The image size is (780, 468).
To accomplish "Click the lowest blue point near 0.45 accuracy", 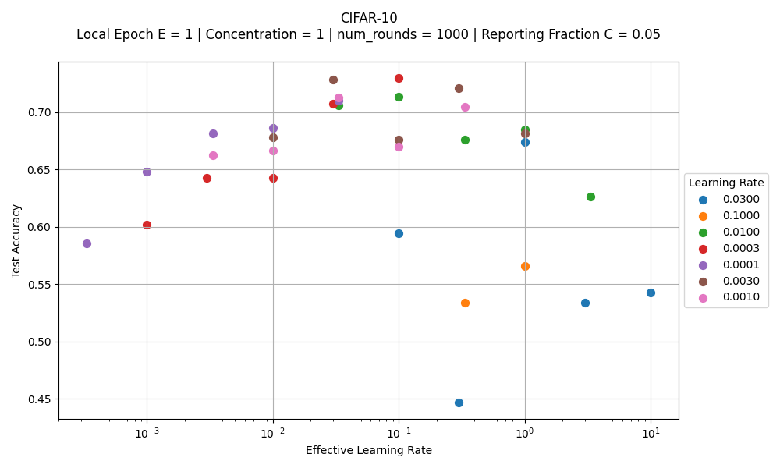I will click(x=459, y=402).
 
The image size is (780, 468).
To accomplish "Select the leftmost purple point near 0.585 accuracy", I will click(x=87, y=243).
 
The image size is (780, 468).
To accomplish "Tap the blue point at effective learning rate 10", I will click(x=651, y=292).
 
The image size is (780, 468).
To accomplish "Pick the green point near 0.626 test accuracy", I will click(x=590, y=197).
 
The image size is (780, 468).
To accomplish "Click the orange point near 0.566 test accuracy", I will click(x=525, y=266).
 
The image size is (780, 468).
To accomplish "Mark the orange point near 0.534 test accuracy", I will click(x=465, y=303).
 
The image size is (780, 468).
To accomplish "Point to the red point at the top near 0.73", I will click(x=399, y=78).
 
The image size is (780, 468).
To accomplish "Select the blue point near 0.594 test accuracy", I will click(x=399, y=233).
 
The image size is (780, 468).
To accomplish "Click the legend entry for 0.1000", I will click(x=741, y=215).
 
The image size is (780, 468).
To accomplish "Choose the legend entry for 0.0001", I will click(x=741, y=264).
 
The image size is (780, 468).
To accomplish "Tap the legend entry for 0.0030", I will click(x=741, y=281).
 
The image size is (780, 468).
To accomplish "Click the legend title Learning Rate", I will click(x=726, y=183).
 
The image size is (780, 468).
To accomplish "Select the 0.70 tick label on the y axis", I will click(x=38, y=112).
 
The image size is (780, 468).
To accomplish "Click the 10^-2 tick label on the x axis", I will click(x=273, y=433).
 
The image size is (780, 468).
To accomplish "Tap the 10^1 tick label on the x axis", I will click(x=651, y=433).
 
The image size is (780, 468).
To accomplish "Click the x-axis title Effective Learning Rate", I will click(x=368, y=450).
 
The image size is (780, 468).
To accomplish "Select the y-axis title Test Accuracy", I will click(x=16, y=241).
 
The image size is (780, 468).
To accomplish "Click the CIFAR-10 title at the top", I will click(x=368, y=18).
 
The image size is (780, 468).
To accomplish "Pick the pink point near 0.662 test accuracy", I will click(x=213, y=155).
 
